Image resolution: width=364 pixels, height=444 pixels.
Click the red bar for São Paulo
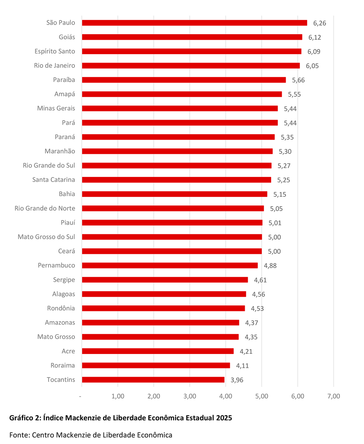pos(194,23)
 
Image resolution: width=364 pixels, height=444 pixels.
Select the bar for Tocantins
pos(153,380)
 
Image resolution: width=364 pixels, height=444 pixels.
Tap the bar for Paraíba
pos(184,80)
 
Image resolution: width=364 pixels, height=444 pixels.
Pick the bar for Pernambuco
pos(170,265)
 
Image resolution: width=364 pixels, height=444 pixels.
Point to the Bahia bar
pos(175,194)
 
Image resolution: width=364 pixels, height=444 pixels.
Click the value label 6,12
pos(315,37)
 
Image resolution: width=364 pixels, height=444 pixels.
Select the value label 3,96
pos(237,380)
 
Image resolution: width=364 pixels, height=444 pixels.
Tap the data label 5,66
pos(298,80)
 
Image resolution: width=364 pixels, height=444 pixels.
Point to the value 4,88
pos(270,265)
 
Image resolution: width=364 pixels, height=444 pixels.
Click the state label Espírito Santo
pos(55,51)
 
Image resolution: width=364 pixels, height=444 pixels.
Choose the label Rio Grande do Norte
pos(45,208)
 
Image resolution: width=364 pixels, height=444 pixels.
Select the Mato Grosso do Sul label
pos(46,237)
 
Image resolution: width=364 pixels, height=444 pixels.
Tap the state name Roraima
pos(63,365)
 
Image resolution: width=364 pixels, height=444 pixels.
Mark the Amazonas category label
pos(60,323)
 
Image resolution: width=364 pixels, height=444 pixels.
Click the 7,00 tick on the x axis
pos(333,396)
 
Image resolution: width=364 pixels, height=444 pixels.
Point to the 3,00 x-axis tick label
pos(190,396)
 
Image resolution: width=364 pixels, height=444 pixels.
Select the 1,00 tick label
pos(118,396)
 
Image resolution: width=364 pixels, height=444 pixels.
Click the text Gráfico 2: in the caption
pos(25,418)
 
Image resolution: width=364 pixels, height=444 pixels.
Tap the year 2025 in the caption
pos(224,418)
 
